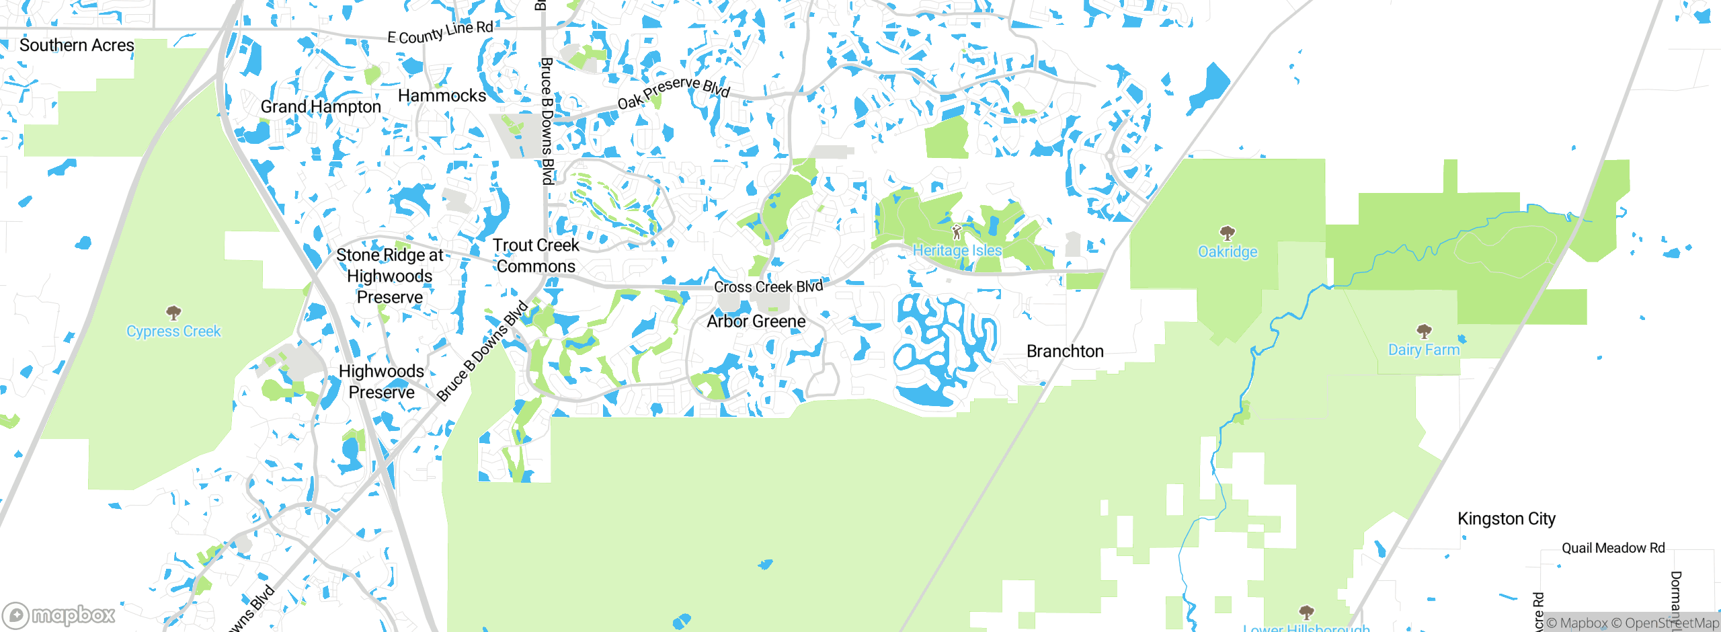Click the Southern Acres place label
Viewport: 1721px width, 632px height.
pos(77,46)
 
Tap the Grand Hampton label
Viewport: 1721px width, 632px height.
pos(321,107)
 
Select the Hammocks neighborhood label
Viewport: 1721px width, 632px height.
pos(442,96)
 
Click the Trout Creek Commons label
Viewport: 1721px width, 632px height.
pos(536,256)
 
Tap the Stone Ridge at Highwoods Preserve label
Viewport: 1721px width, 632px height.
pos(390,276)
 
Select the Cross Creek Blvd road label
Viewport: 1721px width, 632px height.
pos(768,287)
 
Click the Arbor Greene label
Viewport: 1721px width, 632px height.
pos(756,321)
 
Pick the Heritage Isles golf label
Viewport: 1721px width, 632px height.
pos(957,251)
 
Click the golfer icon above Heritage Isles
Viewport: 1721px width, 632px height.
pos(957,233)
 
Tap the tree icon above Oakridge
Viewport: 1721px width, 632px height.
pos(1228,233)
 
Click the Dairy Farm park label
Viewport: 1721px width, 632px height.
pos(1424,350)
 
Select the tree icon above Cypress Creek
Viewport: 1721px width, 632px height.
pos(173,313)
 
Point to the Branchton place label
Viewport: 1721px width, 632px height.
pos(1065,352)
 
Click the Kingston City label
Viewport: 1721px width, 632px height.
pos(1507,519)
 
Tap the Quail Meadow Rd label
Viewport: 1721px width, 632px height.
pos(1613,549)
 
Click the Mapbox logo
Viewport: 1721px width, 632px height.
pos(59,615)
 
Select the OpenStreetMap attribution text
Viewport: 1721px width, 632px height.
pos(1665,623)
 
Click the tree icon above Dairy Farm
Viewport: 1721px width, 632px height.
pos(1424,331)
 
